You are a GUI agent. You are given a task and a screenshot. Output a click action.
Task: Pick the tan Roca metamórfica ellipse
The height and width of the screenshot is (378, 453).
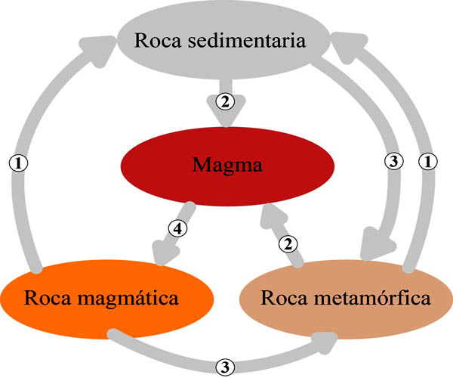coord(347,296)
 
